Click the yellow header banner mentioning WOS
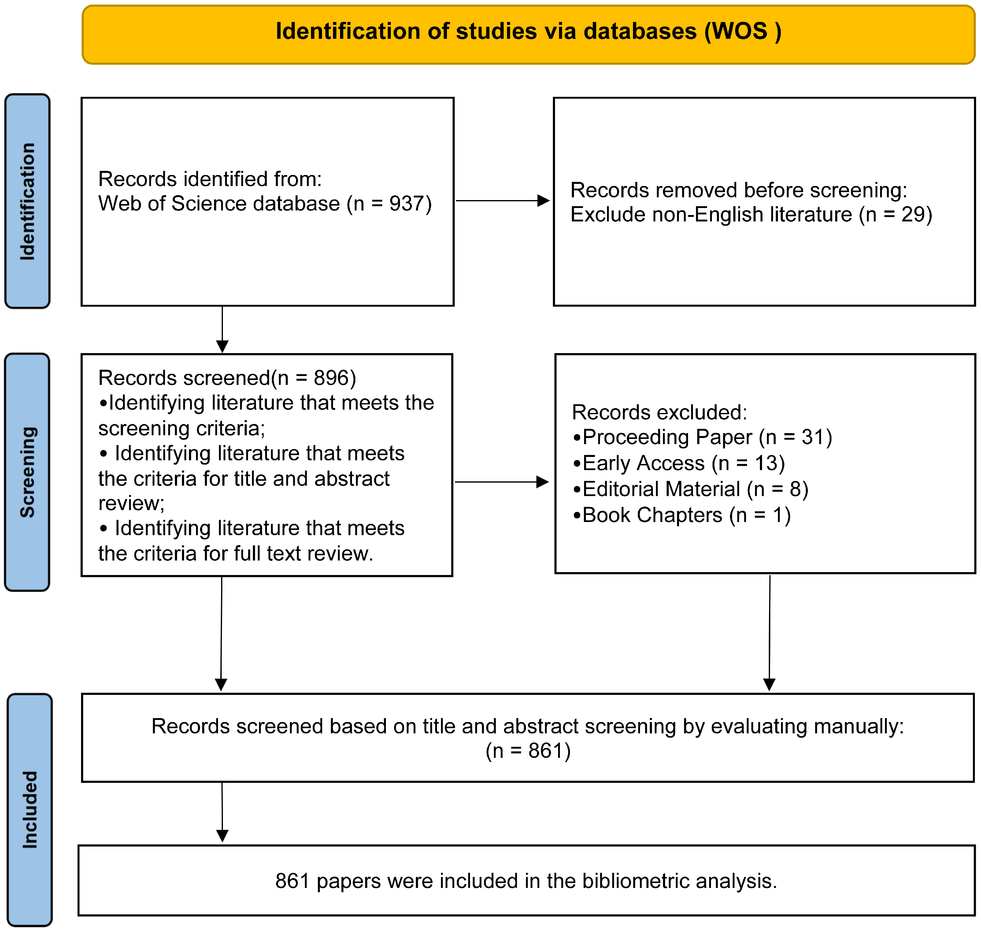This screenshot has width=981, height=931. coord(528,34)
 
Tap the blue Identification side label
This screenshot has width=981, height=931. coord(27,201)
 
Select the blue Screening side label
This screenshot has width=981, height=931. coord(27,472)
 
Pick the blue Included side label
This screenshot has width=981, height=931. coord(30,809)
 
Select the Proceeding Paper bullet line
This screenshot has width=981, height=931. coord(702,437)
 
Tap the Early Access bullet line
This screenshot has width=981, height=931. coord(679,463)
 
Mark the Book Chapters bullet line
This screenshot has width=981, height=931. coord(682,515)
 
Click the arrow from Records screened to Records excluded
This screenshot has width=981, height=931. coord(502,482)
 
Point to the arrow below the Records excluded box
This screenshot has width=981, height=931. coord(769,633)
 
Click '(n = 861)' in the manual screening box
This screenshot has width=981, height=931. coord(528,751)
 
